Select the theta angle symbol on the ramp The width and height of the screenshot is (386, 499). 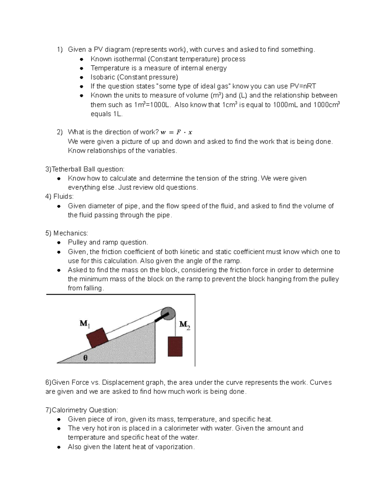pyautogui.click(x=85, y=358)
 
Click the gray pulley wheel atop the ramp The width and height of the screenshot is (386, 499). pyautogui.click(x=168, y=313)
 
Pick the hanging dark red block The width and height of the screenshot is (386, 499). pyautogui.click(x=175, y=346)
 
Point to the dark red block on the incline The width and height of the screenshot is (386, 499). pyautogui.click(x=98, y=338)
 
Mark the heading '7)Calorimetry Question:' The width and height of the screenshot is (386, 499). pyautogui.click(x=82, y=410)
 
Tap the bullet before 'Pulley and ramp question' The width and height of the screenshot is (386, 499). pyautogui.click(x=59, y=243)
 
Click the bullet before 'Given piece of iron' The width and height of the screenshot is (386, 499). pyautogui.click(x=59, y=419)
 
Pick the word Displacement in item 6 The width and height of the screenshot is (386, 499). pyautogui.click(x=123, y=382)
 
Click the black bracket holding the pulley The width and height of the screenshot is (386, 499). pyautogui.click(x=160, y=318)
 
